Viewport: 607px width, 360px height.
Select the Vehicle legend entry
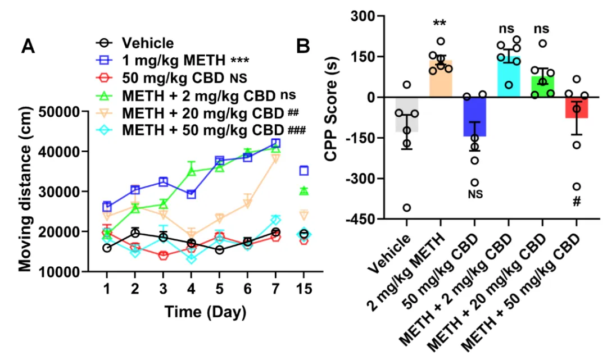[148, 43]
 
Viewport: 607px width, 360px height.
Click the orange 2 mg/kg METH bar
[440, 79]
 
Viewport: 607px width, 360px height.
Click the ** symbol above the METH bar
[440, 24]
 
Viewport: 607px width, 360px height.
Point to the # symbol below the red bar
[577, 201]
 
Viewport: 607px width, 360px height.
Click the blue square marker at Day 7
[276, 143]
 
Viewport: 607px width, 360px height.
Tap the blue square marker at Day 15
[304, 171]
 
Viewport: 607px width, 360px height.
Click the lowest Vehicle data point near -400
[406, 208]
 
